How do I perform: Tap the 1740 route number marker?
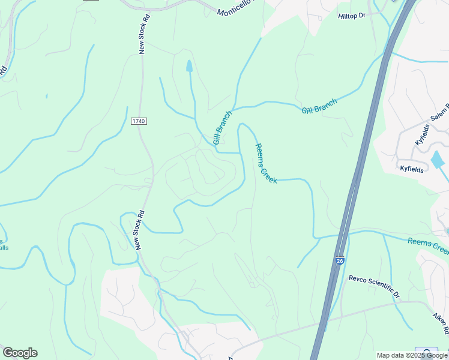tap(139, 121)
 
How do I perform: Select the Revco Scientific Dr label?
tap(374, 287)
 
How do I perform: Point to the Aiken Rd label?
tap(441, 323)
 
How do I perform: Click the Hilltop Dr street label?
tap(352, 16)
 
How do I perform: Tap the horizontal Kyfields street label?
tap(412, 170)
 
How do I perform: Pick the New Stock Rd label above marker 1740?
tap(142, 32)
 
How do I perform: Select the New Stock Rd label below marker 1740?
tap(139, 230)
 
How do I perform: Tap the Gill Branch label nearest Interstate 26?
tap(319, 106)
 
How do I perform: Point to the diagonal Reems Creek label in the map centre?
tap(265, 163)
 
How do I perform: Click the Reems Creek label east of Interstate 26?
tap(427, 245)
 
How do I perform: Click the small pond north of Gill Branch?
tap(190, 66)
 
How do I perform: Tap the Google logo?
tap(20, 353)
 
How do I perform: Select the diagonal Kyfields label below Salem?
tap(423, 134)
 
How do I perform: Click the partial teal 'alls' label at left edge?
tap(4, 247)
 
